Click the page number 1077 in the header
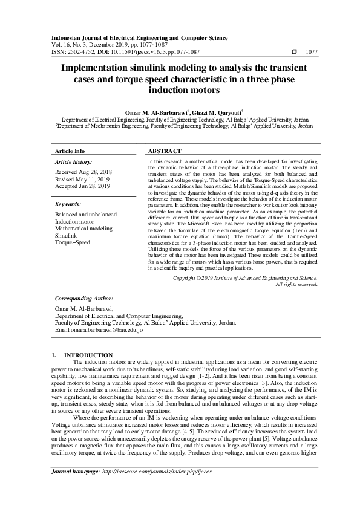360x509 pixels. click(312, 52)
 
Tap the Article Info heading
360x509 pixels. click(70, 151)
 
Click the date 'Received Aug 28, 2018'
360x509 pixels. click(82, 172)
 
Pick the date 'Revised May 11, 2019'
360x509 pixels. click(81, 179)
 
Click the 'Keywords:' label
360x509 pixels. click(68, 205)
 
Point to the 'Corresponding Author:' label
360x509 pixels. click(83, 299)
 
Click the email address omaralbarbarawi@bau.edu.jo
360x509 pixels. click(99, 330)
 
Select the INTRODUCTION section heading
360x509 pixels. click(88, 355)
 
